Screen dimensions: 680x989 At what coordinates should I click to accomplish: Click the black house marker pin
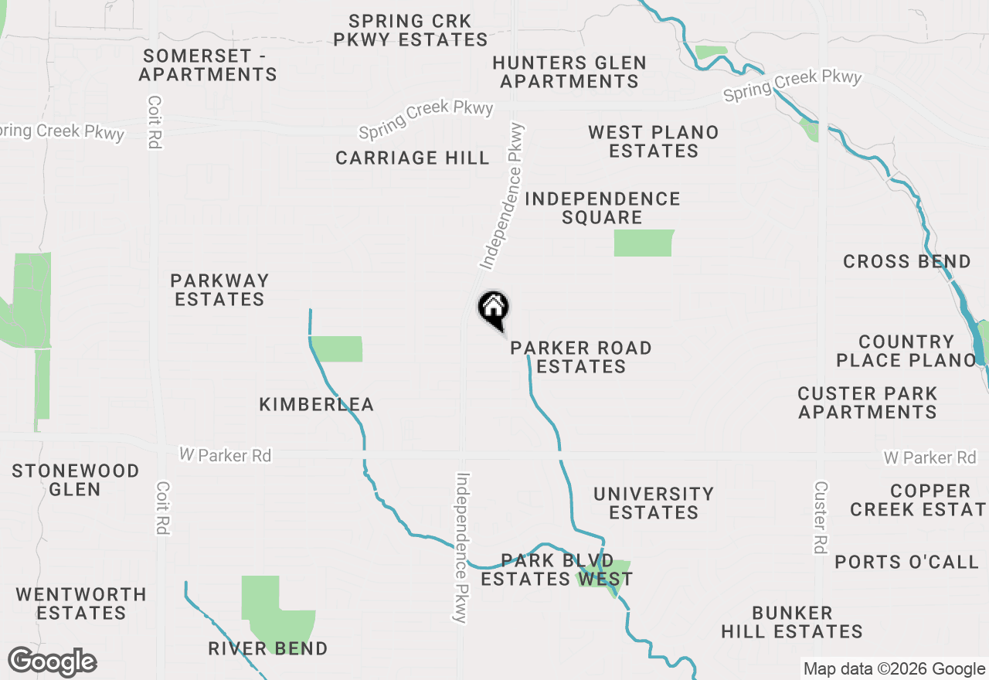494,309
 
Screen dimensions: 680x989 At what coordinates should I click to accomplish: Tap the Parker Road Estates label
581,357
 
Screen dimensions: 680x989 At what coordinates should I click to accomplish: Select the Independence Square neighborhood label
603,208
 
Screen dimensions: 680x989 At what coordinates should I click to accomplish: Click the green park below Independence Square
644,243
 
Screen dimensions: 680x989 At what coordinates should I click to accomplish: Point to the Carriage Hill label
413,158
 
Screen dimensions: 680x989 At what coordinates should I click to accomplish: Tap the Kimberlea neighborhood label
317,404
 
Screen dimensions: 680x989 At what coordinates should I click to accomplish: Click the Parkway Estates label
219,290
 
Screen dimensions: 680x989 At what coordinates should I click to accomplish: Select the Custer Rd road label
821,517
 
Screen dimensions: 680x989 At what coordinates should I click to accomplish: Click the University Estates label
654,503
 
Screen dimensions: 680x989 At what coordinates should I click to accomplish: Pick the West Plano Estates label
654,141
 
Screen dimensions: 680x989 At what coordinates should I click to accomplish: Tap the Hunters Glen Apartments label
569,72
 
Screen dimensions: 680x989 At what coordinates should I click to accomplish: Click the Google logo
53,662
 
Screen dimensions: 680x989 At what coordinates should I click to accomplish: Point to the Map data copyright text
894,669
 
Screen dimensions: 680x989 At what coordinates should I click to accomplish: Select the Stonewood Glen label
76,480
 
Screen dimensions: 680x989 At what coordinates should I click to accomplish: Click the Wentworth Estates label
81,603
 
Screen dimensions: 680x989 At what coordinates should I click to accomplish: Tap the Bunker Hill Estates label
792,622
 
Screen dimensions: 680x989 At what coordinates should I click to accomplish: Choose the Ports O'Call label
907,562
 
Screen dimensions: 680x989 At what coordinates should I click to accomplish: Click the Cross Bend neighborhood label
907,261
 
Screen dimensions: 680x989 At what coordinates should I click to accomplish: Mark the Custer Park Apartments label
868,403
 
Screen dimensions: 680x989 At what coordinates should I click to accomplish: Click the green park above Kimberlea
337,348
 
